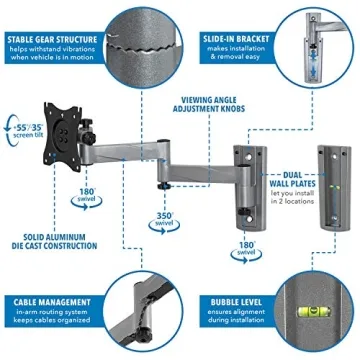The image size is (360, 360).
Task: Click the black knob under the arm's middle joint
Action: tap(160, 184)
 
